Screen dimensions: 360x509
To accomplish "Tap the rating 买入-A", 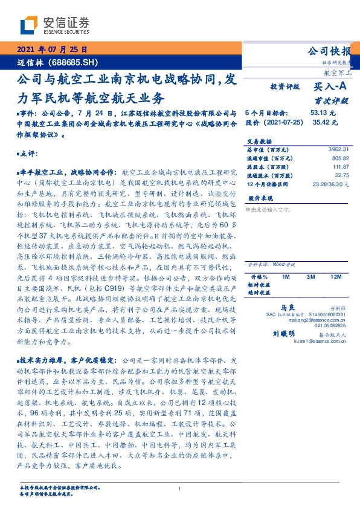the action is [x=330, y=87].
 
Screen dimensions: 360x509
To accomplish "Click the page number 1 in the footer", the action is [x=180, y=489].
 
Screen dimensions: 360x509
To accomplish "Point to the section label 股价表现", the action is [x=258, y=198].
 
